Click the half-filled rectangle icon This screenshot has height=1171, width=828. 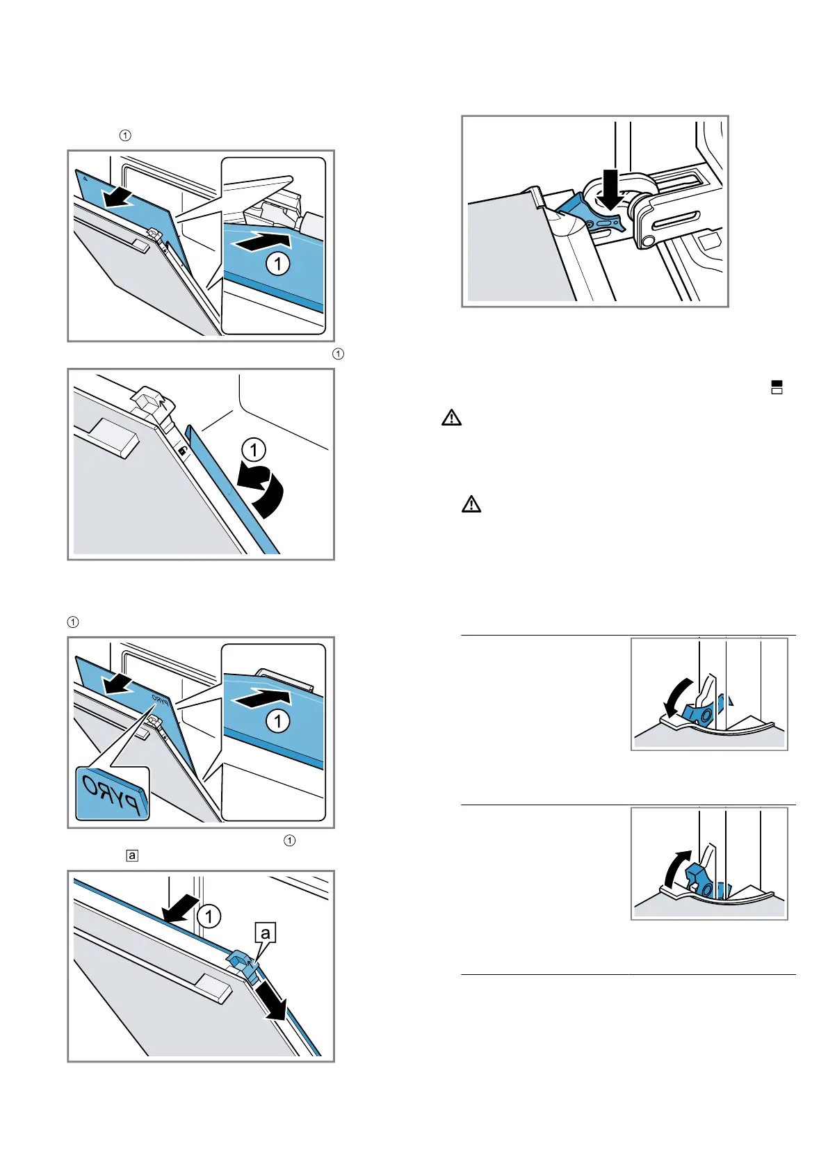coord(777,387)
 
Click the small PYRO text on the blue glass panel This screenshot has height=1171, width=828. coord(159,697)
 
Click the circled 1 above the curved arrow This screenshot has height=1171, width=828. coord(254,450)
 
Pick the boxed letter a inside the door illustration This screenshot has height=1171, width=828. coord(265,932)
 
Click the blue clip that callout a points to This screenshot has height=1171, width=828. coord(241,962)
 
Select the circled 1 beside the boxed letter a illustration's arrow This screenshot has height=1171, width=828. coord(209,916)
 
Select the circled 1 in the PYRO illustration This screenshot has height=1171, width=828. coord(278,720)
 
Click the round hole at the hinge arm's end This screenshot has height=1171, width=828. coord(648,241)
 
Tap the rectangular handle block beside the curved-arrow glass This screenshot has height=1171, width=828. coord(109,438)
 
